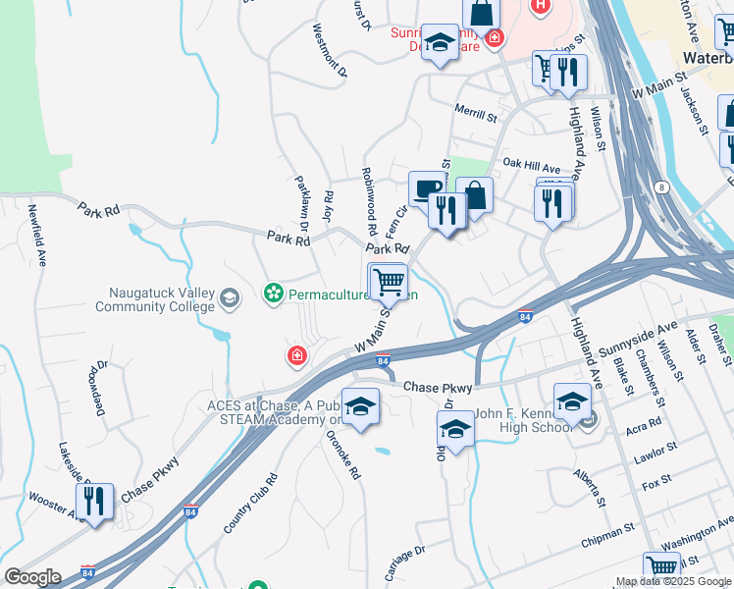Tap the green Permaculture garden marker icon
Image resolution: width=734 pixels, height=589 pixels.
click(273, 293)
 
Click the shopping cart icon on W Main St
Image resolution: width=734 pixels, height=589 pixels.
click(389, 282)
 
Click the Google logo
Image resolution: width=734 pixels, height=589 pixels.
click(32, 577)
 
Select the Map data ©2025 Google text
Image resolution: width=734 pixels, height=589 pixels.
click(673, 581)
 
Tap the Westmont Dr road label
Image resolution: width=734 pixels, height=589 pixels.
click(330, 50)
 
